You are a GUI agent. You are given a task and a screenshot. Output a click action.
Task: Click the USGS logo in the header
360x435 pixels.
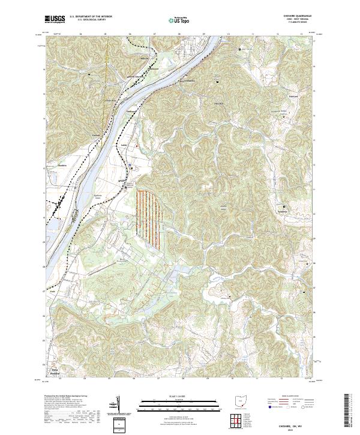click(x=56, y=19)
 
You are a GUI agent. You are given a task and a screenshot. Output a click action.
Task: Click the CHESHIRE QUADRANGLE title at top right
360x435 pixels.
click(x=286, y=16)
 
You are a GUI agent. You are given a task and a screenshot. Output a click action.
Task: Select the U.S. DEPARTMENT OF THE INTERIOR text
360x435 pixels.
click(x=91, y=17)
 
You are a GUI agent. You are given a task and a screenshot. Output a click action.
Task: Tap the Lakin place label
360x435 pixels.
click(x=125, y=145)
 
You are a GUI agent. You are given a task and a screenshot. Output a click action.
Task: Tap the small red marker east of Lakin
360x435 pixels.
click(x=137, y=146)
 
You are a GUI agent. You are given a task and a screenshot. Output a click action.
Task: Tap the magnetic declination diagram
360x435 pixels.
click(x=118, y=405)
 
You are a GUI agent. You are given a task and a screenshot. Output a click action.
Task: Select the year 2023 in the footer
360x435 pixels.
click(x=286, y=427)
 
